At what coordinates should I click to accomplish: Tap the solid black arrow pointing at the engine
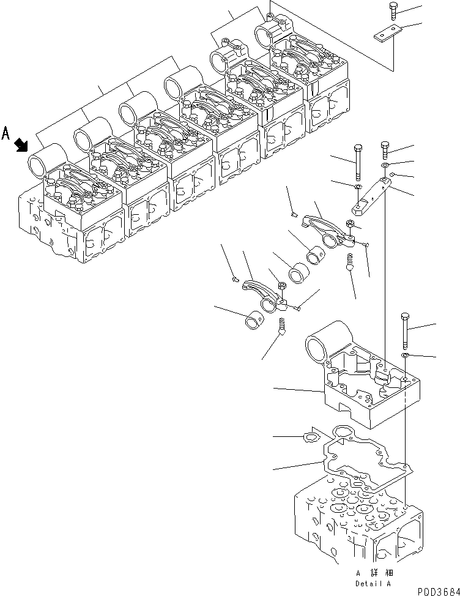point(21,144)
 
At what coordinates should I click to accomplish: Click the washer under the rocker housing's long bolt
point(406,356)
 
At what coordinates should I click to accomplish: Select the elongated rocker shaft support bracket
point(370,196)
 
